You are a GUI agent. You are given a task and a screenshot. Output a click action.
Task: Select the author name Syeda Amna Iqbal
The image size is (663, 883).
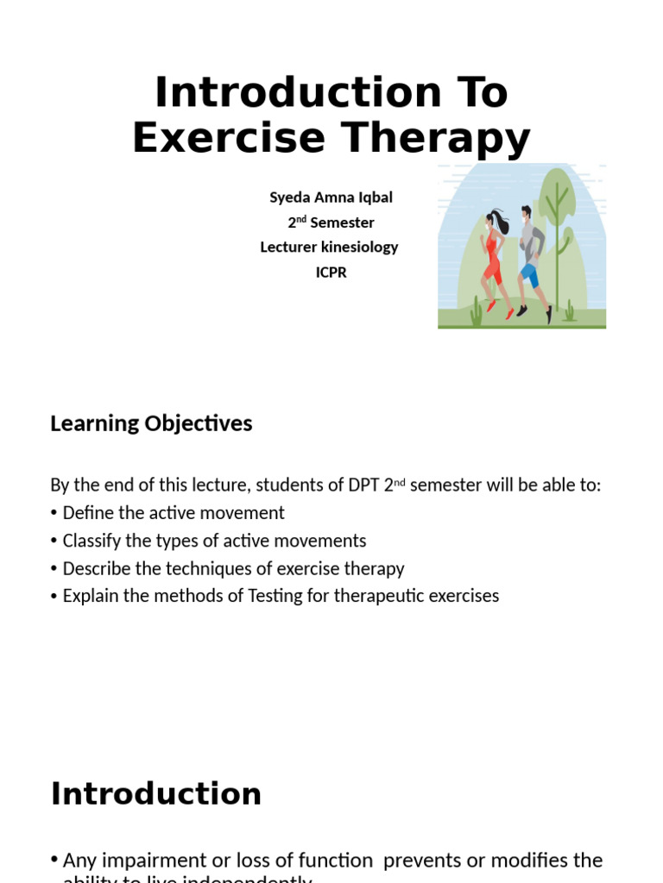click(331, 197)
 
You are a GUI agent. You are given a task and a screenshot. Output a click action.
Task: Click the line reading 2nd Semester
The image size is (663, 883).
click(331, 222)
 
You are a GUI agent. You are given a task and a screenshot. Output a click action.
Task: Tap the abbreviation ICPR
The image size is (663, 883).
click(331, 272)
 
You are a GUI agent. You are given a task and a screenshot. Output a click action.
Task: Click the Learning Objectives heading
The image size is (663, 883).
click(151, 423)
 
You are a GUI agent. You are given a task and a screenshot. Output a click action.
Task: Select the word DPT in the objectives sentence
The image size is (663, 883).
click(360, 485)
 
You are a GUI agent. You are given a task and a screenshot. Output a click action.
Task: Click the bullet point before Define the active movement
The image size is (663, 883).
click(54, 513)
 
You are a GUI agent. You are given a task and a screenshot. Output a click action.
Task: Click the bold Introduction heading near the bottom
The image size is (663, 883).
click(156, 793)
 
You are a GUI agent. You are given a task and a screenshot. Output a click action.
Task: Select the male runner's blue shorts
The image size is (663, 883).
click(529, 275)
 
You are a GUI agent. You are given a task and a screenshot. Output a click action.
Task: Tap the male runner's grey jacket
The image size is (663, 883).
click(533, 242)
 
